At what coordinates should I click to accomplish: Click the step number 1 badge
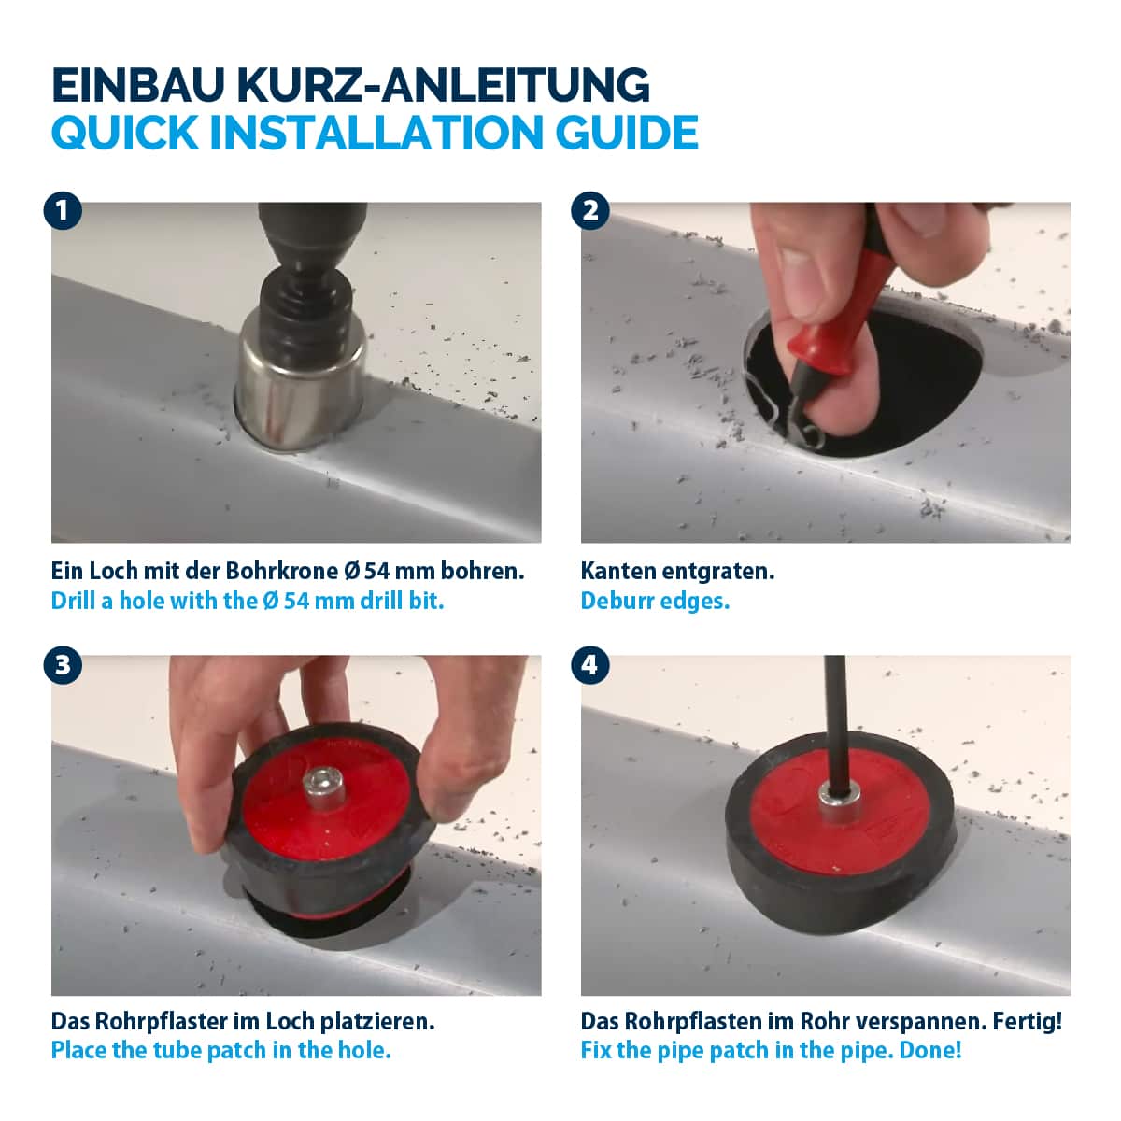[63, 210]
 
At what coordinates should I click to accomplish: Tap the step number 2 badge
[589, 210]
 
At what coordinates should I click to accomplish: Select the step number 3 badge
[63, 665]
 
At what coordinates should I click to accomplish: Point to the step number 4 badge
[589, 665]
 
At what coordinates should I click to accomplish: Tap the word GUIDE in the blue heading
[627, 133]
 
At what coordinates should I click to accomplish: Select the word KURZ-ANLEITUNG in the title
[444, 86]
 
